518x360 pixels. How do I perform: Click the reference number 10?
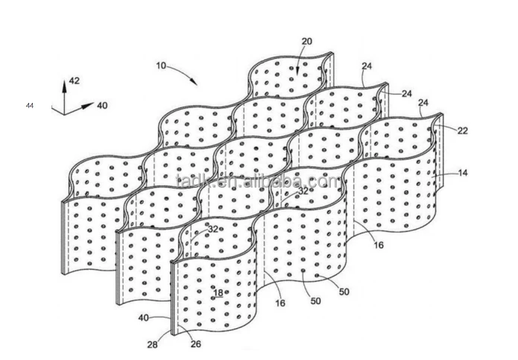point(161,66)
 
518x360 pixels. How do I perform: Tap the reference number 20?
point(307,41)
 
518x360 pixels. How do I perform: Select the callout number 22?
point(463,130)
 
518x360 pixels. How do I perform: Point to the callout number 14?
point(463,173)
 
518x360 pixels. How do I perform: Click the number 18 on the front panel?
point(218,293)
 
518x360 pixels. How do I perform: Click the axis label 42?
point(75,80)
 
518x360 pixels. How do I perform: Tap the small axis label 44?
point(30,106)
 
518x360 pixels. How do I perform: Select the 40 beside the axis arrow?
point(101,106)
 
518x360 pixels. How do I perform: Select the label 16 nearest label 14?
point(380,244)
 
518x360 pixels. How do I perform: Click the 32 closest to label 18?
point(213,230)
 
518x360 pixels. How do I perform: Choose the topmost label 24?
point(367,66)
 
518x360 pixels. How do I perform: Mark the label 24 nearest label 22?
point(424,102)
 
